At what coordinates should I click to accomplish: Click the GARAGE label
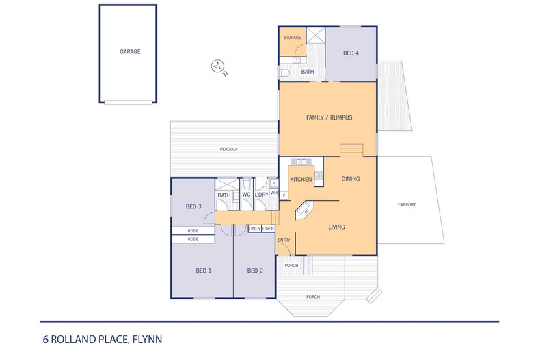click(x=130, y=51)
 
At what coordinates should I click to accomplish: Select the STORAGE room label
click(x=292, y=38)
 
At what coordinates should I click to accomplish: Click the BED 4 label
click(x=350, y=53)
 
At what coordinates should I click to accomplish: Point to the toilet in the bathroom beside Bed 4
click(x=284, y=71)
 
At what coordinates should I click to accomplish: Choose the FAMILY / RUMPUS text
click(x=329, y=117)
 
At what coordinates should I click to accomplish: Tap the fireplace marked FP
click(x=306, y=210)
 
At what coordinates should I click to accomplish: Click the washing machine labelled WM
click(x=274, y=193)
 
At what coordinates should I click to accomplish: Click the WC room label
click(x=245, y=195)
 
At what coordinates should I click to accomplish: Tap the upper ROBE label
click(x=193, y=231)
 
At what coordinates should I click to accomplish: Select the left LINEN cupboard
click(x=254, y=228)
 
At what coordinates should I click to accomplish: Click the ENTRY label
click(x=284, y=240)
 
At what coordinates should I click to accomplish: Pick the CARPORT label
click(x=405, y=205)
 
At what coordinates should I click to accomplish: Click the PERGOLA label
click(x=228, y=149)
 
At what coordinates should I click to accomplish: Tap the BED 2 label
click(x=254, y=271)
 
